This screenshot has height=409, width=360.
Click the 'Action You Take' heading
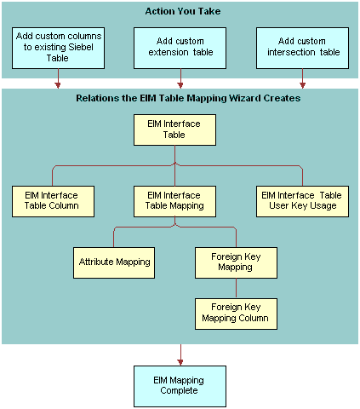click(x=180, y=11)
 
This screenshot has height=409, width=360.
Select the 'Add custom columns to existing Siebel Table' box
click(x=58, y=49)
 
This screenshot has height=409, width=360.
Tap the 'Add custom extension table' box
click(x=180, y=48)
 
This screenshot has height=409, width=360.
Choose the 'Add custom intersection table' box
click(x=302, y=48)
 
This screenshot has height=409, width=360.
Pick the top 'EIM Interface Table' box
click(x=174, y=130)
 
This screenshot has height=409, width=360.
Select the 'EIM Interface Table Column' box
click(x=52, y=200)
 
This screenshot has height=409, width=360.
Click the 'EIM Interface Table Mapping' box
click(x=174, y=200)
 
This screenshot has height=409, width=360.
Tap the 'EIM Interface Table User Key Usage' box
click(x=302, y=200)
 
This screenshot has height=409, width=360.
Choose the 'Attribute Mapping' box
click(x=114, y=262)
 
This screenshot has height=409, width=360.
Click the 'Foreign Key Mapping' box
click(x=236, y=262)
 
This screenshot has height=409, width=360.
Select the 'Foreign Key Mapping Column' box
click(x=236, y=313)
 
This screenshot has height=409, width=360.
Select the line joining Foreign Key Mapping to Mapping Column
click(x=236, y=288)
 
